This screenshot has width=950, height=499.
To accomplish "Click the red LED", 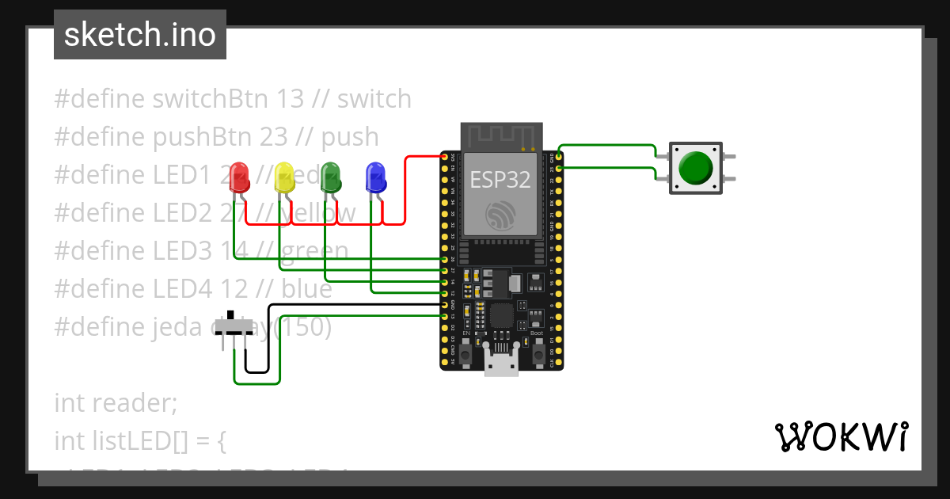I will pyautogui.click(x=237, y=178).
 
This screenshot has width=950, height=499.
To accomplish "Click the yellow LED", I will pyautogui.click(x=283, y=178).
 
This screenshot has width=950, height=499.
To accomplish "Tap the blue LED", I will pyautogui.click(x=375, y=178).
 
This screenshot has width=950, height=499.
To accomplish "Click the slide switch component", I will pyautogui.click(x=239, y=327).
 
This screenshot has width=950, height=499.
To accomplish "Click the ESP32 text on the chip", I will pyautogui.click(x=500, y=180).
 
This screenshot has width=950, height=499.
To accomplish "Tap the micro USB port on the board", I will pyautogui.click(x=501, y=366).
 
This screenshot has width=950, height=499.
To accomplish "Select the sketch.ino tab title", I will pyautogui.click(x=140, y=35).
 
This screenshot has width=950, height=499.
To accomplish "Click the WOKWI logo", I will pyautogui.click(x=841, y=436).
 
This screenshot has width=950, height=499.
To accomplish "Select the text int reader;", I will pyautogui.click(x=116, y=403).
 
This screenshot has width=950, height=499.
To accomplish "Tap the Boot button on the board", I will pyautogui.click(x=537, y=349).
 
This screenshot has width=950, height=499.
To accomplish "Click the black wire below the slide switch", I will pyautogui.click(x=256, y=371).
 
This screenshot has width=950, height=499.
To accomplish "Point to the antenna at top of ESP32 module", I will pyautogui.click(x=501, y=136).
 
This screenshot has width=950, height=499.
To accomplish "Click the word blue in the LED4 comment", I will pyautogui.click(x=306, y=289).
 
